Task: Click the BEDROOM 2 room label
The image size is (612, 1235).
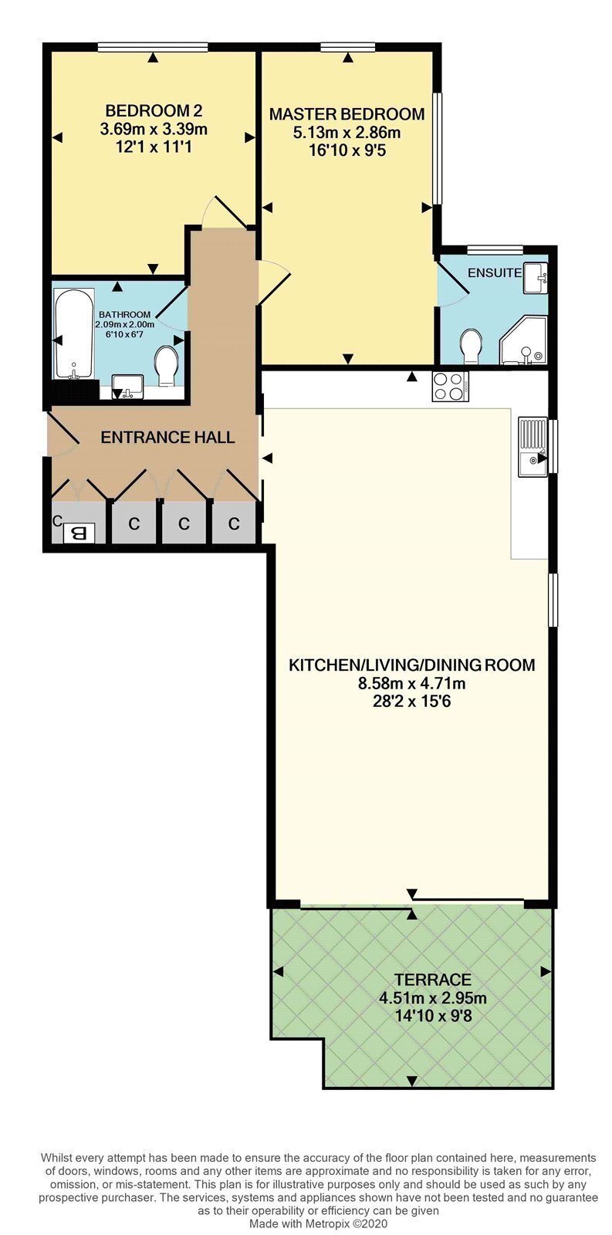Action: [x=154, y=111]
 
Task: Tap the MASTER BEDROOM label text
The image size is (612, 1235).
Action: [x=347, y=114]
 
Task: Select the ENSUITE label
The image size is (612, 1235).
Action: [x=495, y=272]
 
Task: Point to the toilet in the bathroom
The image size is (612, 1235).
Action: [x=166, y=366]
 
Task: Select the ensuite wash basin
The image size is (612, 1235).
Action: [x=534, y=277]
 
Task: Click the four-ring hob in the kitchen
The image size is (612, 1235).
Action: [x=451, y=386]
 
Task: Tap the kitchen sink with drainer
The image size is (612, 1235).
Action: [x=533, y=447]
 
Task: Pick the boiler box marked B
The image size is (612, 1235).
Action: [x=79, y=533]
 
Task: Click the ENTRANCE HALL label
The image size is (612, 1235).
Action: [x=167, y=438]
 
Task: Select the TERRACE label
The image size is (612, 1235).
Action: [x=433, y=980]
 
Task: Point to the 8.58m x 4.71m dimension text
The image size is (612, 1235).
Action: [x=412, y=684]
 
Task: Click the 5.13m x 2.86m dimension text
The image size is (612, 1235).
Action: [x=347, y=133]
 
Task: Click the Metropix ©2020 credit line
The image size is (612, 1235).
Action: [x=319, y=1223]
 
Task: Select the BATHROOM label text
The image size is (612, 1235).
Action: [x=124, y=315]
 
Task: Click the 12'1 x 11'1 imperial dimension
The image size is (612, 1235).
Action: [x=154, y=147]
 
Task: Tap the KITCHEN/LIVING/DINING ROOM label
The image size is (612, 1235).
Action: [x=412, y=665]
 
